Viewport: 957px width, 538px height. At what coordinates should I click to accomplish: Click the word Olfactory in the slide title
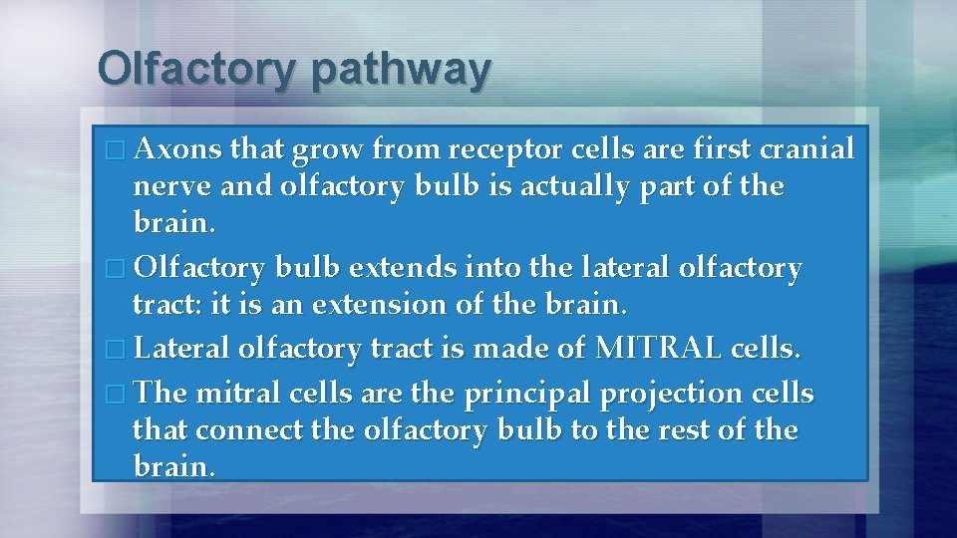point(196,70)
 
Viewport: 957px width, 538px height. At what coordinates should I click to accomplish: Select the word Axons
point(176,149)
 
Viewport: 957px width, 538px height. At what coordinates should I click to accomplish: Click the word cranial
point(806,149)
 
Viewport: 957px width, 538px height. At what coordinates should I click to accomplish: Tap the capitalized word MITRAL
point(659,349)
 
